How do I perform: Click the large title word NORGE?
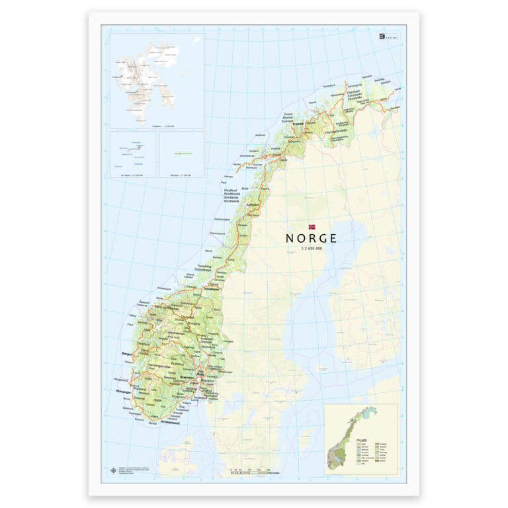click(x=311, y=238)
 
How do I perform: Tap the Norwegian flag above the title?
click(x=312, y=227)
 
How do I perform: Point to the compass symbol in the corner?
click(x=113, y=471)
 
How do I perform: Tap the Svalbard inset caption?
click(x=157, y=124)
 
